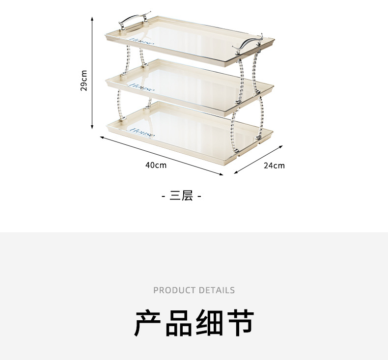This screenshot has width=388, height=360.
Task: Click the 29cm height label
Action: point(84,81)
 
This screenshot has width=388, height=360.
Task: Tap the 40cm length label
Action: point(156,165)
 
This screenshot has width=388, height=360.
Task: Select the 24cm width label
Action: point(274,166)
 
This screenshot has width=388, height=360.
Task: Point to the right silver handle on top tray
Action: point(248,43)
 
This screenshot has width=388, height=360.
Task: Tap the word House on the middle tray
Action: point(141,87)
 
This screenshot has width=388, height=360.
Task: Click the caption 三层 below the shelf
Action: point(182,196)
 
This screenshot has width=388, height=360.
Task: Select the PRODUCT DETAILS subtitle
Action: point(194,290)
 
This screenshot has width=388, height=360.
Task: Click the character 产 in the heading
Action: point(149,323)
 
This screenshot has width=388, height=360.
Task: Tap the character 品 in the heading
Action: point(180,323)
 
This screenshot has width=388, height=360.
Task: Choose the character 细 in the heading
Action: point(210,323)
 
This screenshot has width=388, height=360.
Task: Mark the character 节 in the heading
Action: point(240,323)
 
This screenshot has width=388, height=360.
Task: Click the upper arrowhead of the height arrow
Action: point(92,19)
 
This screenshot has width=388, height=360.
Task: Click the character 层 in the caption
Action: point(187,196)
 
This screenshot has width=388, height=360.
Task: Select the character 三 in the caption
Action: point(175,196)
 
